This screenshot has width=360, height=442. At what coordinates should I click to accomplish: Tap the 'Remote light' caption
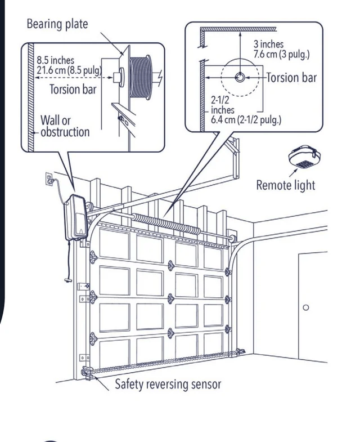coord(285,185)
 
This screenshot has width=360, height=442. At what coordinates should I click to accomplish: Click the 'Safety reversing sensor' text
coord(168,385)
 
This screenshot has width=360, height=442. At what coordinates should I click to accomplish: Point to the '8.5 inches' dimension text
coord(56,60)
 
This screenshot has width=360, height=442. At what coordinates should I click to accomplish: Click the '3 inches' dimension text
coord(268,44)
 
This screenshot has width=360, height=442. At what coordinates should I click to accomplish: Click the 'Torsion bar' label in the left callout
coord(73,89)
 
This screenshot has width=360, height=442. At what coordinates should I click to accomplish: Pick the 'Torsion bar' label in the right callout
coord(291,78)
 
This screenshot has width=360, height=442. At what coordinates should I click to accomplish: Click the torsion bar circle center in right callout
coord(240,77)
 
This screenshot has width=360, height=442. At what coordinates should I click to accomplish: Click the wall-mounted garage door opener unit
coord(76,217)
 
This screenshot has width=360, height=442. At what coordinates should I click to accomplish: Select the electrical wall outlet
coord(49,179)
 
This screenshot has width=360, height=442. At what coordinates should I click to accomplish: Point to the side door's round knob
coord(305,307)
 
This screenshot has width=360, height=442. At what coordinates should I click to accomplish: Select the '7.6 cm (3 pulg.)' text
coord(281,54)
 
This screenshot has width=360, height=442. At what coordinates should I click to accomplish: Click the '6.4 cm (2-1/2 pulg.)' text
coord(246,120)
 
